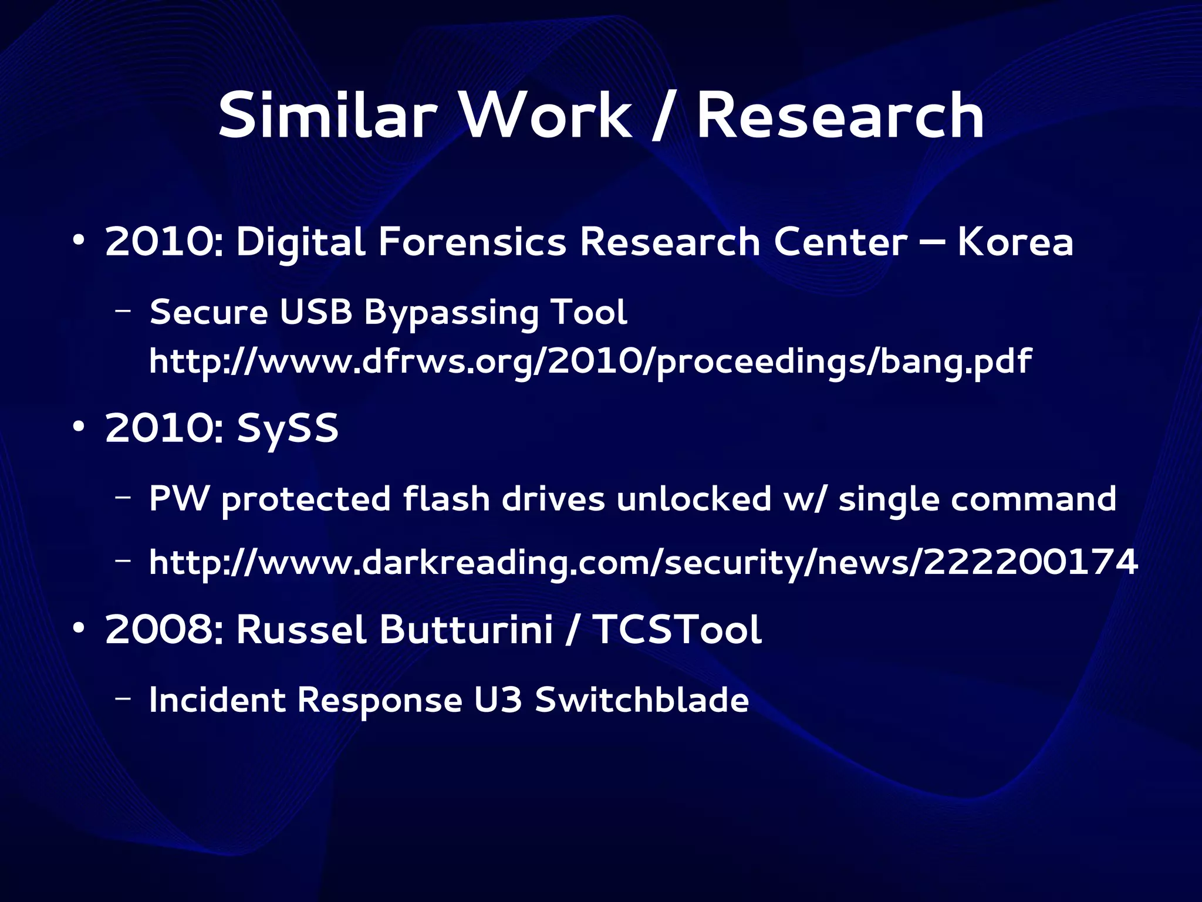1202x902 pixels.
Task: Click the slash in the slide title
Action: tap(664, 117)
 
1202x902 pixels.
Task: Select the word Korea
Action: tap(1015, 242)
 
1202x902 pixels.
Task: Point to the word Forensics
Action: tap(472, 242)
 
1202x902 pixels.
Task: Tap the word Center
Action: tap(840, 242)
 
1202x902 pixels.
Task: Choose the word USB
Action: tap(315, 312)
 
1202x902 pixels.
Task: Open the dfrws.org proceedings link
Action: tap(590, 362)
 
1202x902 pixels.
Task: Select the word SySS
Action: tap(288, 429)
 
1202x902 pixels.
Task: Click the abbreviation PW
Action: tap(179, 499)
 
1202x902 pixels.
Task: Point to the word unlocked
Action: tap(694, 499)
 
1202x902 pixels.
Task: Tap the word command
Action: tap(1033, 499)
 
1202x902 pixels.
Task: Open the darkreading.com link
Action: tap(643, 562)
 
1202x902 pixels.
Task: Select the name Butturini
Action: tap(467, 630)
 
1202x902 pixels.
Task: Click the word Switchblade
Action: tap(641, 700)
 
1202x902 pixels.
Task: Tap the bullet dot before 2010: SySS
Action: tap(78, 428)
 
